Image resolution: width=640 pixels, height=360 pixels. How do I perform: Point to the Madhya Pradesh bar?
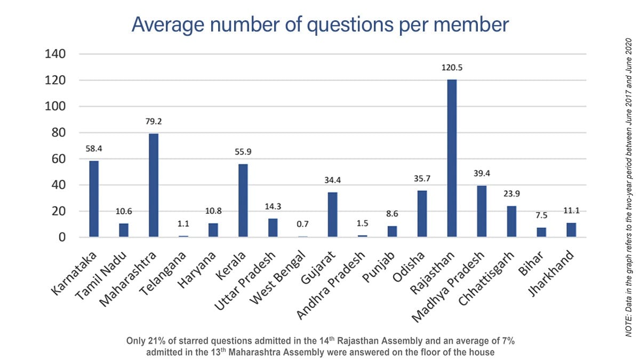(x=482, y=211)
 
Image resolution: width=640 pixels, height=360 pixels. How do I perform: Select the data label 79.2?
(x=154, y=122)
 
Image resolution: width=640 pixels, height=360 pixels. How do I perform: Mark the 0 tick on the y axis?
(x=62, y=237)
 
